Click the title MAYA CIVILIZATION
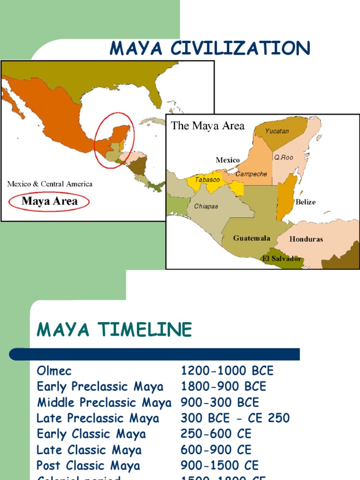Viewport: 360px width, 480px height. [x=210, y=49]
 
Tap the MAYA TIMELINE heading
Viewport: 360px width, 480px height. [x=114, y=330]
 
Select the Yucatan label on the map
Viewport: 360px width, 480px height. [x=277, y=131]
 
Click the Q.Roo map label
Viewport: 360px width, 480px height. [x=284, y=157]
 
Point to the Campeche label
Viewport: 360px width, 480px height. [x=251, y=174]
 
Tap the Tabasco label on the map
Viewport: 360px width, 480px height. [x=207, y=180]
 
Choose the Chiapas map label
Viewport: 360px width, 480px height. [x=206, y=206]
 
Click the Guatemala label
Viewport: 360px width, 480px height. [x=252, y=238]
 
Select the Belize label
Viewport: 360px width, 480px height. [x=305, y=202]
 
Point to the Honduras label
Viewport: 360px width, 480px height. [x=306, y=239]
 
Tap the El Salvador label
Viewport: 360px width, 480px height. [x=282, y=259]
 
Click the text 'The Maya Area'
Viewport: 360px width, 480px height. [x=208, y=126]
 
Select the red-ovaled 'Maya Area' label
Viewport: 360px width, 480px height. [x=49, y=202]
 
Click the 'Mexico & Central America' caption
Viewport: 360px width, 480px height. [x=50, y=184]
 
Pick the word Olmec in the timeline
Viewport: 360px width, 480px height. [x=54, y=371]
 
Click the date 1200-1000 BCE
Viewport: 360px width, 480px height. [x=227, y=371]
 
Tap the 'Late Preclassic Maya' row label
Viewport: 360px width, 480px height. [x=98, y=418]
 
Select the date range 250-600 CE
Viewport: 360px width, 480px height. [x=216, y=434]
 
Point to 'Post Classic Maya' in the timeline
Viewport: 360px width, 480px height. [x=88, y=465]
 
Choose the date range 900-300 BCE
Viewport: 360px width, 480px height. [x=219, y=402]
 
